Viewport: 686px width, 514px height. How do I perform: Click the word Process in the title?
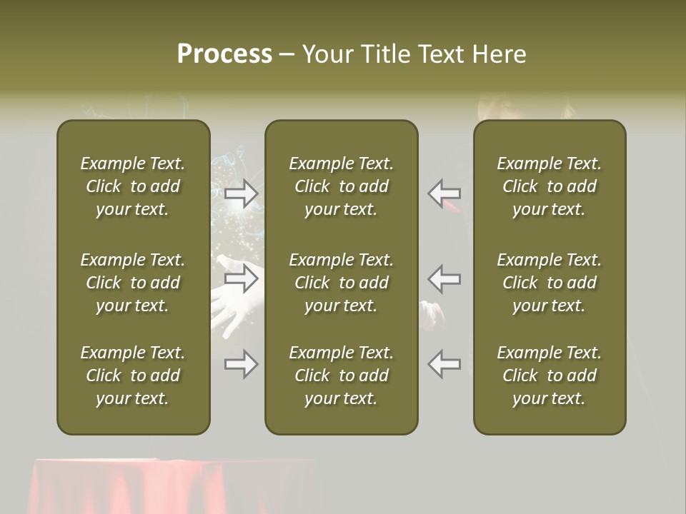tap(224, 54)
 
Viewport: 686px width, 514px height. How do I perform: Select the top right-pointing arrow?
tap(242, 193)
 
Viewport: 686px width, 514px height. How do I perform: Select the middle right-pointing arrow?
tap(242, 278)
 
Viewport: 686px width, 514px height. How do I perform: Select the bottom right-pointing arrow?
tap(242, 364)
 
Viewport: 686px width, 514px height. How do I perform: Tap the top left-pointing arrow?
tap(444, 193)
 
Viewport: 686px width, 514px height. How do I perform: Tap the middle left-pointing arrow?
tap(444, 278)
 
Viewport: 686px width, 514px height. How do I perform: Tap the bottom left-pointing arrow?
tap(444, 364)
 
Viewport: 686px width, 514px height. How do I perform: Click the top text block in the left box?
tap(133, 186)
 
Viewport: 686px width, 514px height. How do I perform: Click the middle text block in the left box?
tap(133, 283)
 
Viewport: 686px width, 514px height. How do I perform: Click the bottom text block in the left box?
tap(133, 376)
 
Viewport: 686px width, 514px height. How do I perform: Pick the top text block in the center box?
tap(341, 186)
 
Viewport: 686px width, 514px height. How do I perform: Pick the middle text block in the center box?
tap(341, 283)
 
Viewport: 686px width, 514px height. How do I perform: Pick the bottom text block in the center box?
tap(341, 376)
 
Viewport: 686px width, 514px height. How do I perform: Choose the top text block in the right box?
tap(549, 186)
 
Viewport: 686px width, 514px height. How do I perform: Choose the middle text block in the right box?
tap(549, 283)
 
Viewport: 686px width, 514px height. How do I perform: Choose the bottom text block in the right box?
tap(549, 376)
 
